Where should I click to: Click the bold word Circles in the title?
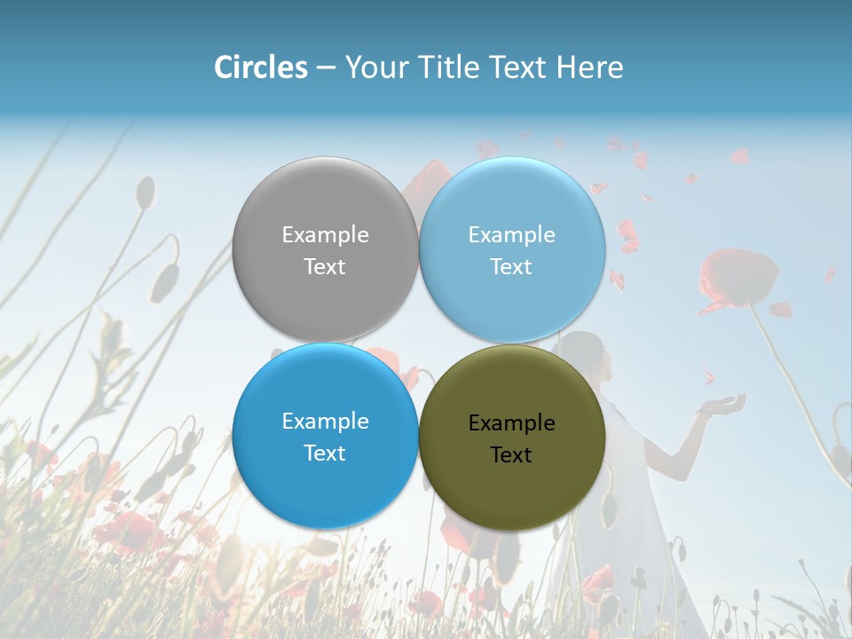click(x=261, y=67)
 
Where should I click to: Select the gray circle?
click(x=325, y=249)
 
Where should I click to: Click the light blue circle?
click(x=512, y=249)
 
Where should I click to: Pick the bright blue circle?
click(x=325, y=436)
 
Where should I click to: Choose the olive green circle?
click(x=512, y=438)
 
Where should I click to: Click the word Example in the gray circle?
click(x=325, y=235)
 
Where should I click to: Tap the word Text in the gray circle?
click(x=325, y=267)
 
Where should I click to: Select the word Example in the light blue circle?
click(x=512, y=235)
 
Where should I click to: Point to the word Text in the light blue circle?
click(x=512, y=267)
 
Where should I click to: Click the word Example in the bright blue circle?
click(x=325, y=422)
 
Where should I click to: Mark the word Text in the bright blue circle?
click(x=325, y=454)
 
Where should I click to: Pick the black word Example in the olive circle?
click(x=512, y=423)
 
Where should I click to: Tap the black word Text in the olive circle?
click(x=512, y=455)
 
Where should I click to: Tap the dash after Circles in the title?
click(x=326, y=68)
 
